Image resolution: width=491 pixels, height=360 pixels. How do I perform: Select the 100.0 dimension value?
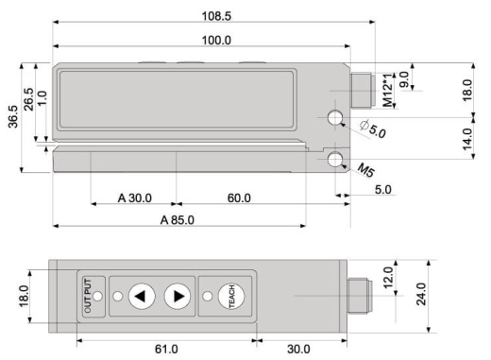[x=217, y=40]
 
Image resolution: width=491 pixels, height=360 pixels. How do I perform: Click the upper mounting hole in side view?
[x=335, y=119]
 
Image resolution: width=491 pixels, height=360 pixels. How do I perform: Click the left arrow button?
[x=140, y=297]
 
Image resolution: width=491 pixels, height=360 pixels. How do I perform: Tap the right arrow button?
[x=177, y=297]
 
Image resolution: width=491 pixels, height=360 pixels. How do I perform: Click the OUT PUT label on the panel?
[x=88, y=297]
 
